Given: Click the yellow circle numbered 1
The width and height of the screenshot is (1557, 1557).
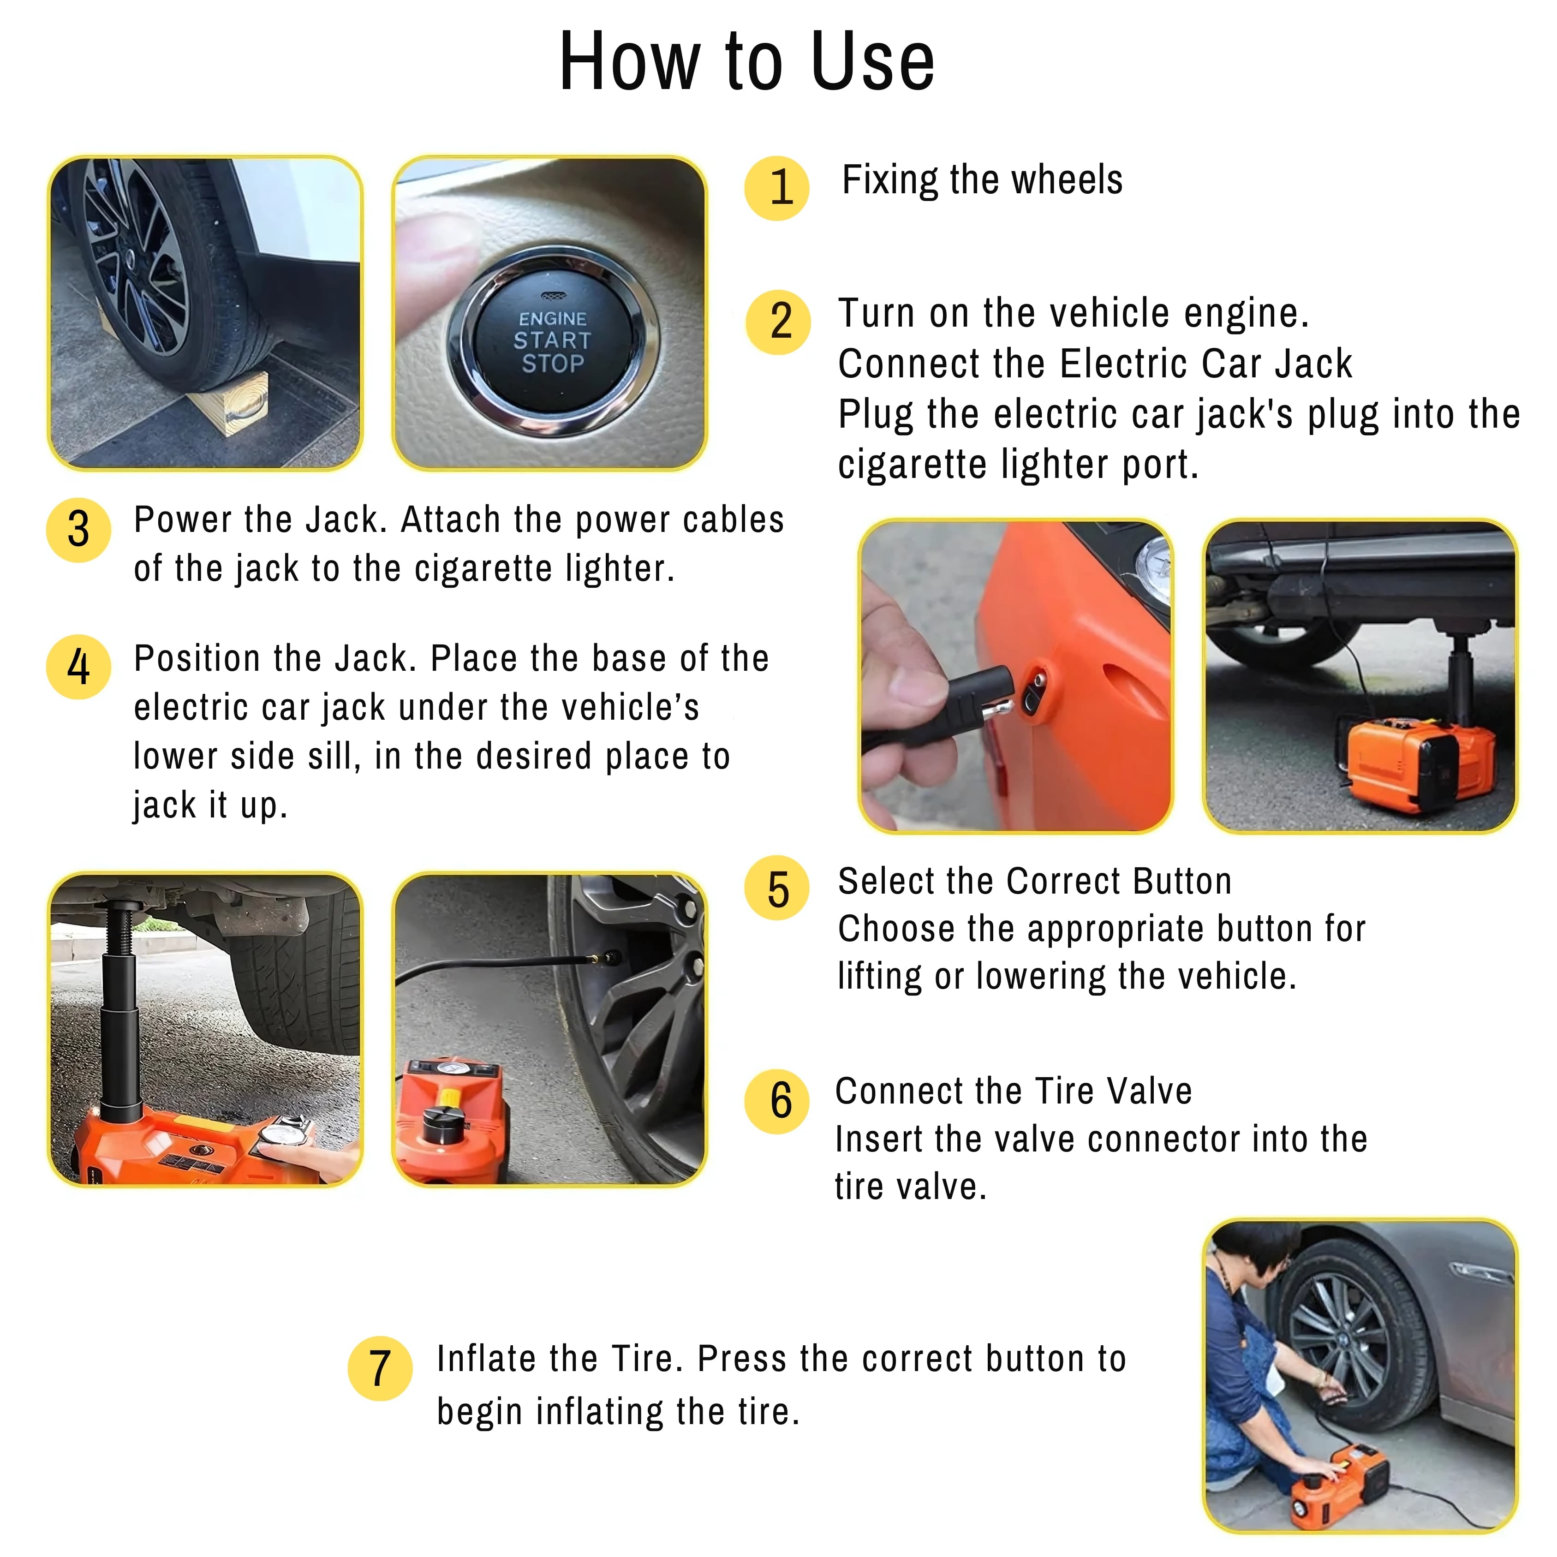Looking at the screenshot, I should tap(776, 188).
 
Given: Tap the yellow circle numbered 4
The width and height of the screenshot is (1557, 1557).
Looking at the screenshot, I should tap(78, 667).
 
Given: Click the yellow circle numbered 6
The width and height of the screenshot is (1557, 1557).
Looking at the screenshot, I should tap(776, 1102).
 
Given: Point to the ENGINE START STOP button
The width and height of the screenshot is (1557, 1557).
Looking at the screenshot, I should tap(553, 342).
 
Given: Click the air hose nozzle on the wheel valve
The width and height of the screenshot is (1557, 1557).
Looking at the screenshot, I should tap(604, 959).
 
